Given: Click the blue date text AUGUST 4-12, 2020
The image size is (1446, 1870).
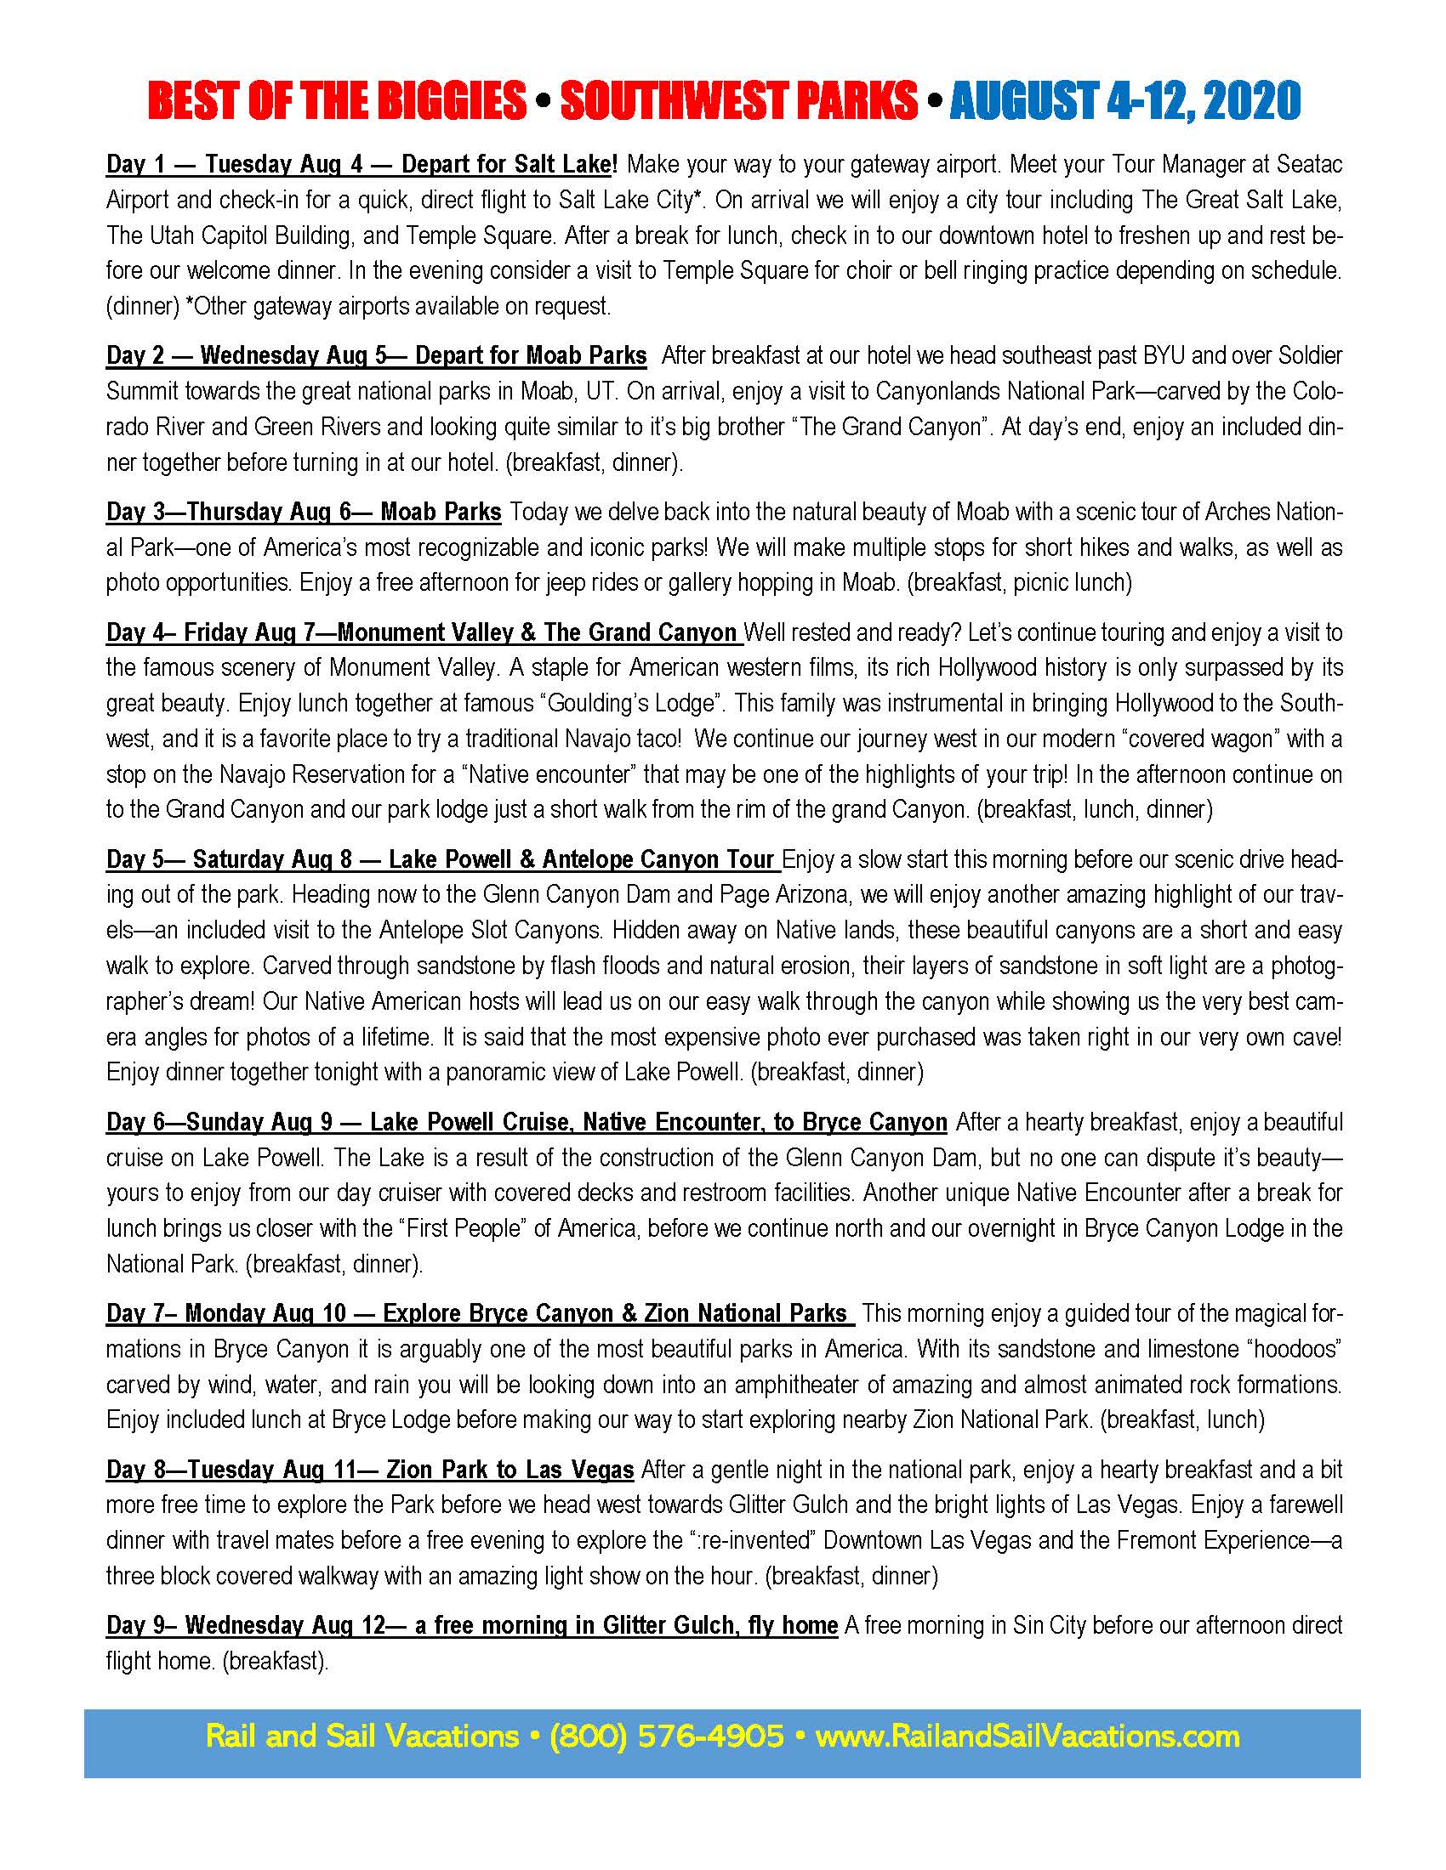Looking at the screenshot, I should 1124,102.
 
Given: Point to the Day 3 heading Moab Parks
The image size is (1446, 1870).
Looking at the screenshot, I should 441,512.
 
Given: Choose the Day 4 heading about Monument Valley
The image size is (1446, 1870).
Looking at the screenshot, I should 537,632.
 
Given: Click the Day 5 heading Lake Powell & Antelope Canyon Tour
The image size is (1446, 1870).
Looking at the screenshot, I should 582,859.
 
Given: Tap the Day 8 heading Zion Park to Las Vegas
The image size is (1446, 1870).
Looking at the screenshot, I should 510,1470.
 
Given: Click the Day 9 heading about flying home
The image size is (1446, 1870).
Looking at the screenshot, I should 625,1626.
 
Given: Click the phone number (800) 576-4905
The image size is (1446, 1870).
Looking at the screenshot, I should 667,1737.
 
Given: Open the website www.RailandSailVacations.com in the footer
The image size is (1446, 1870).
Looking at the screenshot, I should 1028,1737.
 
